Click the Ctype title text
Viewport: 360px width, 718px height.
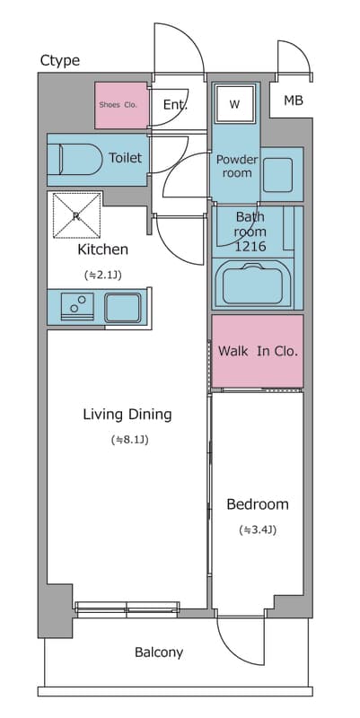[60, 60]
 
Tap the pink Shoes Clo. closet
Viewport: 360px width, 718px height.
[121, 105]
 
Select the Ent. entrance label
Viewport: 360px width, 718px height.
[175, 105]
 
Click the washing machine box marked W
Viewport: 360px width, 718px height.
[235, 104]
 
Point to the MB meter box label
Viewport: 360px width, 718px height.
[294, 101]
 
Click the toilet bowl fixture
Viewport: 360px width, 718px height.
[75, 160]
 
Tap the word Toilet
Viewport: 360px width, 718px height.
[125, 158]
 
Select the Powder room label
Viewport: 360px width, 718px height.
[237, 166]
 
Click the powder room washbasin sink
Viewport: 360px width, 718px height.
[277, 174]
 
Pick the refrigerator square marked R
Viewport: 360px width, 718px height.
[77, 215]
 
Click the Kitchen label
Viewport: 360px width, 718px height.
[102, 250]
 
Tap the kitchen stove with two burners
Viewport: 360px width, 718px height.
[77, 304]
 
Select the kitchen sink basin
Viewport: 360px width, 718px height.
[123, 308]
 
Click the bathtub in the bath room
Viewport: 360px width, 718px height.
[251, 284]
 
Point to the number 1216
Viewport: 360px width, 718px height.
[250, 246]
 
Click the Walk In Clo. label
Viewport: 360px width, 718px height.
[258, 351]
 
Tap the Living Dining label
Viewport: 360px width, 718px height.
[127, 415]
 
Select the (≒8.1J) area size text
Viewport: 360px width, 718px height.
[129, 440]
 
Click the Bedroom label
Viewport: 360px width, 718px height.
[258, 504]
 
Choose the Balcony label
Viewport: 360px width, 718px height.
[159, 652]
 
